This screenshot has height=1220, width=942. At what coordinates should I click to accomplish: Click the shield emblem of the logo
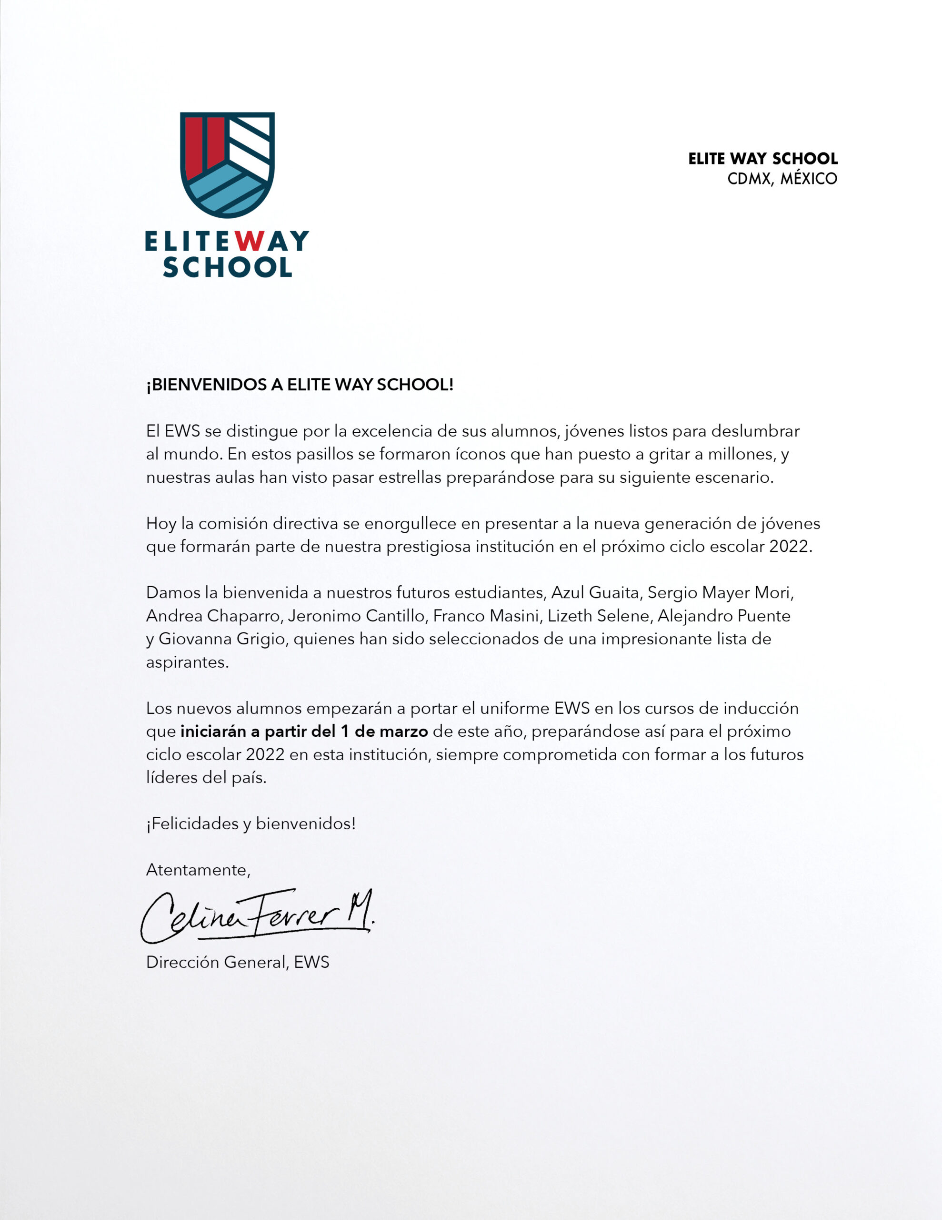coord(227,164)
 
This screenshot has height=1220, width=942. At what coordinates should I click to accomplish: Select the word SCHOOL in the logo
coord(227,267)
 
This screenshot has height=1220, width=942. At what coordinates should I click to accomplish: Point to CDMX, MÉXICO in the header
coord(782,179)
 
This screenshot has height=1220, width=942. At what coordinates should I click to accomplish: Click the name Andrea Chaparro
coord(213,616)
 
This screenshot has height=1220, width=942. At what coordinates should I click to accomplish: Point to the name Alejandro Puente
coord(724,616)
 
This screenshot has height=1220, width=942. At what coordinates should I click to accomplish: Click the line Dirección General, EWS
coord(237,962)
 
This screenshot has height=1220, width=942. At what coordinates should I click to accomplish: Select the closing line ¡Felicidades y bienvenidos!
coord(251,823)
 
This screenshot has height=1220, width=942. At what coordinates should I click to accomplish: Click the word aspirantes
coord(187,662)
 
